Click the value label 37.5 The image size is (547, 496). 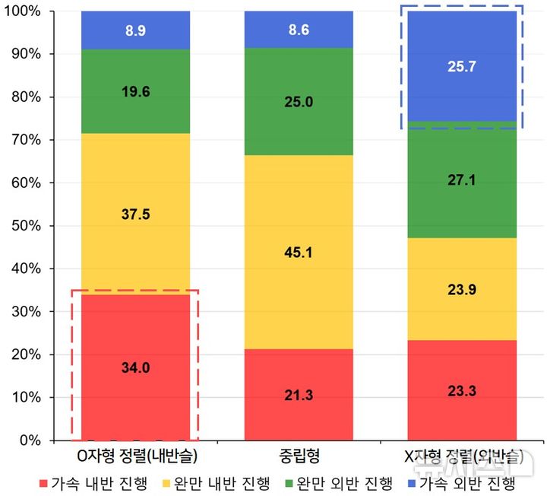click(x=135, y=215)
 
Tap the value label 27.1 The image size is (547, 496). click(x=462, y=183)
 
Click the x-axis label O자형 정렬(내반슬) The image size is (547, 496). click(x=135, y=458)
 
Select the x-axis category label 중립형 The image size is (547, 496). click(x=299, y=458)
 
